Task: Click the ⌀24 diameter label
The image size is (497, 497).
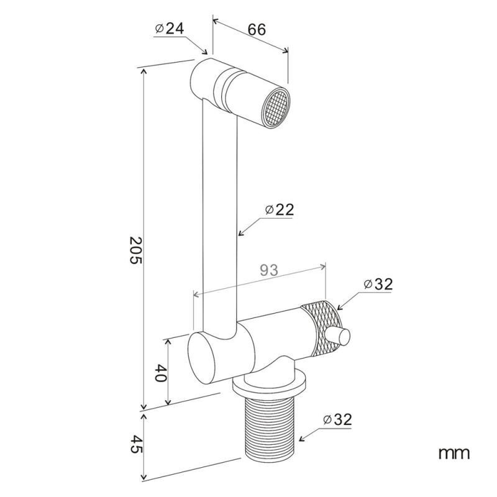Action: pyautogui.click(x=170, y=29)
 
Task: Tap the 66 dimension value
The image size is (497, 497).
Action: pyautogui.click(x=257, y=29)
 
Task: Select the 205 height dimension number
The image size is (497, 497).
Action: pyautogui.click(x=136, y=250)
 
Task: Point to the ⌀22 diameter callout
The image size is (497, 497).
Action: pyautogui.click(x=280, y=210)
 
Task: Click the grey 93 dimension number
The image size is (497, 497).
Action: pyautogui.click(x=269, y=270)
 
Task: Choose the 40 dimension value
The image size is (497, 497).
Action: pyautogui.click(x=161, y=373)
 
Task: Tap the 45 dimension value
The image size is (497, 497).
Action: pyautogui.click(x=137, y=444)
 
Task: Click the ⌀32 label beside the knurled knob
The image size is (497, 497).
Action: pyautogui.click(x=378, y=285)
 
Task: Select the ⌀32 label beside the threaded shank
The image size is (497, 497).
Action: pyautogui.click(x=337, y=420)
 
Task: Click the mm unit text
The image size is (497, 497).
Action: pyautogui.click(x=454, y=454)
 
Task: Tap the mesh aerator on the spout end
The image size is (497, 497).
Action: pyautogui.click(x=276, y=107)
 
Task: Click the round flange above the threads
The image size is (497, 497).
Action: pyautogui.click(x=270, y=384)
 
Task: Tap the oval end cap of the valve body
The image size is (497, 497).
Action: pyautogui.click(x=203, y=358)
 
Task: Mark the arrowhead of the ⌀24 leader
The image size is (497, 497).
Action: pyautogui.click(x=204, y=51)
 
